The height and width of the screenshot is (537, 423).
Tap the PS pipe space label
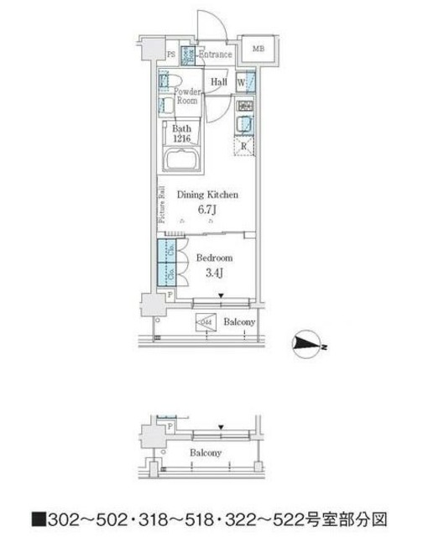point(171,55)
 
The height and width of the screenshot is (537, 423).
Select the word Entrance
point(215,55)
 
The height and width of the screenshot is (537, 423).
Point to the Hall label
point(219,82)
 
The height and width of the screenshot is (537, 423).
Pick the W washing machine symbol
point(242,82)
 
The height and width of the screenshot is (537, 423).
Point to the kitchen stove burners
point(246,107)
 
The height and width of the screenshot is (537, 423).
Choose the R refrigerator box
point(244,146)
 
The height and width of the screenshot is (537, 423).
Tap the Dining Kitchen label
point(209,194)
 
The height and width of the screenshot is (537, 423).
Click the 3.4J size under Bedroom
point(210,272)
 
